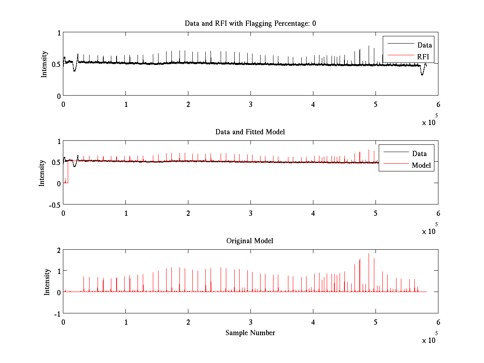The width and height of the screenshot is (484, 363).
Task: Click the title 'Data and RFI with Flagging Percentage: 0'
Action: tap(250, 23)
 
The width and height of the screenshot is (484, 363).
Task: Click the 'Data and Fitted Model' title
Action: tap(250, 132)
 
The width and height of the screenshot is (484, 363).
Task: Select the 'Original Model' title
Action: tap(250, 241)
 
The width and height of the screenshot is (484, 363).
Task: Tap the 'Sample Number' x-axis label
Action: tap(250, 333)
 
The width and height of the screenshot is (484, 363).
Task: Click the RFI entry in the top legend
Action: tap(423, 56)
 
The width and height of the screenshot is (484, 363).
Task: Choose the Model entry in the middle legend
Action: tap(421, 165)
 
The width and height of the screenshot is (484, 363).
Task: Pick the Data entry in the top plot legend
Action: tap(424, 45)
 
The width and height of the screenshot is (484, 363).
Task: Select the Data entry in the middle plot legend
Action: tap(419, 154)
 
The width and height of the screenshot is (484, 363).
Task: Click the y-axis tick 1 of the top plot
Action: tap(58, 33)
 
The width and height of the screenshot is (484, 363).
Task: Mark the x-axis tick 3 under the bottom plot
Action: tap(251, 322)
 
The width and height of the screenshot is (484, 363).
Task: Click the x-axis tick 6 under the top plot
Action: tap(438, 104)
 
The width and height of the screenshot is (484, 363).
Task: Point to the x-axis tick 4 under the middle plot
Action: tap(313, 213)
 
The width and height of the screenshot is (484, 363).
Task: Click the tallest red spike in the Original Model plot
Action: tap(369, 254)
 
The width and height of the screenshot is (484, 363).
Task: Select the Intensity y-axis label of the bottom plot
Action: tap(47, 282)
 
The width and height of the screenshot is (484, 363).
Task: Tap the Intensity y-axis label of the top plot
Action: tap(44, 64)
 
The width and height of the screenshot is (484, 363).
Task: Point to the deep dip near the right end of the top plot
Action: tap(422, 74)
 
